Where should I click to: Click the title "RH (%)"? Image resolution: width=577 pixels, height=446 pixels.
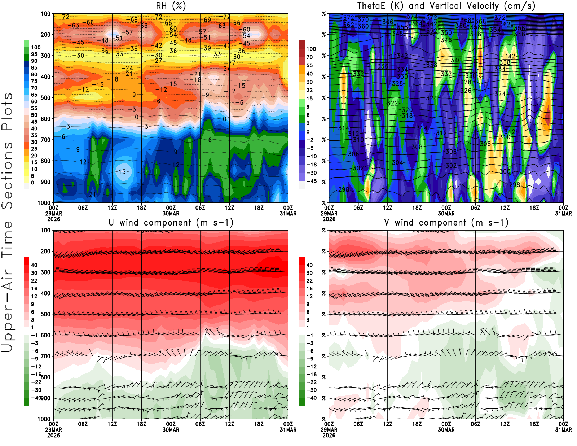pyautogui.click(x=171, y=6)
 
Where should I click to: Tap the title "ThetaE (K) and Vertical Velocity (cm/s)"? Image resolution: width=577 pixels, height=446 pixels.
pyautogui.click(x=446, y=6)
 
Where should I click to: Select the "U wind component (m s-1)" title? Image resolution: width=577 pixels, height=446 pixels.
pyautogui.click(x=171, y=223)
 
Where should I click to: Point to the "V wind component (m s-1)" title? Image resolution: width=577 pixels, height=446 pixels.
pyautogui.click(x=446, y=223)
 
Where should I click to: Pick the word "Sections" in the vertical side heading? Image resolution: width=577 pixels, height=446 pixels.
pyautogui.click(x=7, y=175)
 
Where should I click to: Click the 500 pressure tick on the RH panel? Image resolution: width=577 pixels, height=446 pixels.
pyautogui.click(x=46, y=98)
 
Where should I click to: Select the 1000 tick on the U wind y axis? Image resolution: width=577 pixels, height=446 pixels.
pyautogui.click(x=44, y=419)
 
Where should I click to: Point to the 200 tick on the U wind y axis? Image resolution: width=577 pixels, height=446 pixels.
pyautogui.click(x=46, y=251)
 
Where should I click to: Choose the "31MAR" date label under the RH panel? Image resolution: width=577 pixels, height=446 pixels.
pyautogui.click(x=288, y=214)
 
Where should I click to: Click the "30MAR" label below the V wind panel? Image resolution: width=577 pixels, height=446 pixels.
pyautogui.click(x=446, y=430)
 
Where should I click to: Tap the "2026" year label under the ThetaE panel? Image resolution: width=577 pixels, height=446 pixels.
pyautogui.click(x=329, y=219)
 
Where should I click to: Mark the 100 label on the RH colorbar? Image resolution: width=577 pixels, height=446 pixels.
pyautogui.click(x=36, y=47)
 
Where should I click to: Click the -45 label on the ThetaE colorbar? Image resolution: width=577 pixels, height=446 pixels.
pyautogui.click(x=312, y=181)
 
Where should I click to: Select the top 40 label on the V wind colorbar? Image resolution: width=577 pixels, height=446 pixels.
pyautogui.click(x=309, y=265)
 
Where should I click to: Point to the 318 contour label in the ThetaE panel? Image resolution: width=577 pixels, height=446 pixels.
pyautogui.click(x=407, y=116)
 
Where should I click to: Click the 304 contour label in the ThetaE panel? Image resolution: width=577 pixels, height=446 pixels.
pyautogui.click(x=397, y=163)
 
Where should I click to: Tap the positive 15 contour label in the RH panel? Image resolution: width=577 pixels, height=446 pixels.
pyautogui.click(x=122, y=172)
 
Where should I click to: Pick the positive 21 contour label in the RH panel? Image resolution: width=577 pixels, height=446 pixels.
pyautogui.click(x=93, y=194)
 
